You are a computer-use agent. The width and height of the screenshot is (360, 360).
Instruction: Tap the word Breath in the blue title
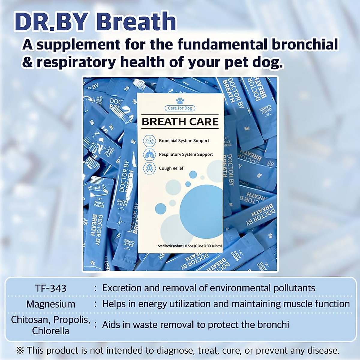[136, 22]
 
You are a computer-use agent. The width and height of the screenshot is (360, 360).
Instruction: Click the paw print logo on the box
[180, 101]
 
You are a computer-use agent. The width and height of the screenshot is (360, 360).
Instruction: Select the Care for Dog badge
[180, 108]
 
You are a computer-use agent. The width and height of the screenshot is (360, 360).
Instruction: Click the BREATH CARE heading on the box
[180, 121]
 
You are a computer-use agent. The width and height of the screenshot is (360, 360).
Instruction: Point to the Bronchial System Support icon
[149, 141]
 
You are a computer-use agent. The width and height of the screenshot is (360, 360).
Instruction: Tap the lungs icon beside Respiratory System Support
[149, 154]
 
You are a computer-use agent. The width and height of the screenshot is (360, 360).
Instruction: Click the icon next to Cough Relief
[149, 168]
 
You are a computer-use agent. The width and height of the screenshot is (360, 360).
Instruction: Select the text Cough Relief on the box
[171, 168]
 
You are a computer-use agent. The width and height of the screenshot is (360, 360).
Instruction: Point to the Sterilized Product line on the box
[190, 246]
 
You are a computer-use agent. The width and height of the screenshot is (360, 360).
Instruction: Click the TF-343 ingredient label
[51, 288]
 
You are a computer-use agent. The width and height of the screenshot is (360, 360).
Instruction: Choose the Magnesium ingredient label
[51, 304]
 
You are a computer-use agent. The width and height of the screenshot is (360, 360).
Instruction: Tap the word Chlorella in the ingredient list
[51, 331]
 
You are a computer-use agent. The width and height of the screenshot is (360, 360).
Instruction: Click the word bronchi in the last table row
[271, 325]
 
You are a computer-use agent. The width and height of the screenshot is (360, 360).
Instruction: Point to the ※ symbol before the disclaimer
[20, 350]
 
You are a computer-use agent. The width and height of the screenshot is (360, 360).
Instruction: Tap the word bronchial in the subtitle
[305, 44]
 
